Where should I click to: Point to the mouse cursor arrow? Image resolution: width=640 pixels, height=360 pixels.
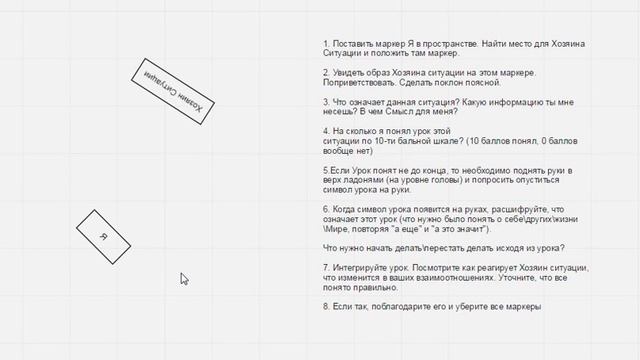point(184,279)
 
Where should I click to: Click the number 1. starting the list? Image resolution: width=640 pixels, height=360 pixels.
point(326,44)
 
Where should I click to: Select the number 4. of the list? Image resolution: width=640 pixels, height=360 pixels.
point(326,131)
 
